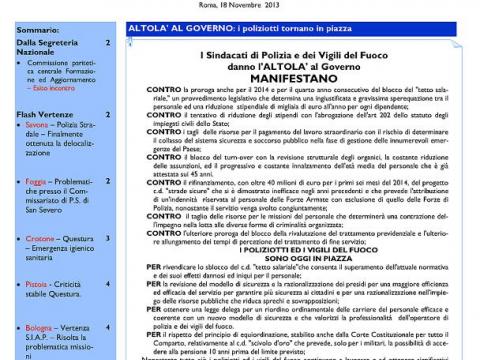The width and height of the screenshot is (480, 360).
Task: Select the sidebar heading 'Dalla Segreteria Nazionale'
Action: coord(45,51)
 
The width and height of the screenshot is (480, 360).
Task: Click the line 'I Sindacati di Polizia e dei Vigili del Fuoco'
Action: coord(295,55)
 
